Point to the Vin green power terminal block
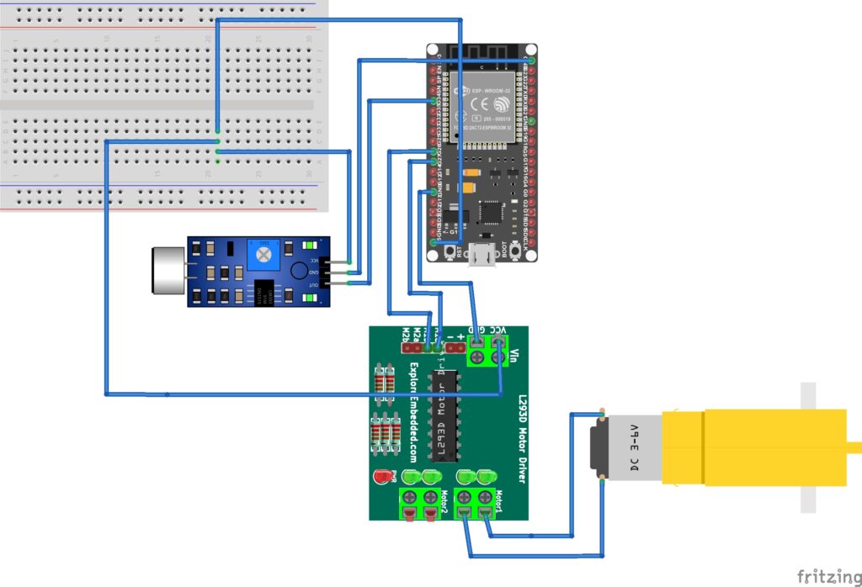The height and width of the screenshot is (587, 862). click(487, 349)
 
